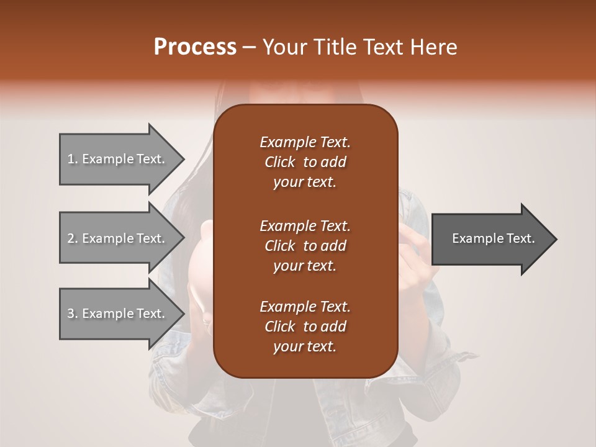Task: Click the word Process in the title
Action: (x=195, y=47)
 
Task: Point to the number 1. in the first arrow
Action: (x=73, y=159)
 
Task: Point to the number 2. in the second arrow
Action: (x=73, y=238)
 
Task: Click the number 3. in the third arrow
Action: (x=73, y=314)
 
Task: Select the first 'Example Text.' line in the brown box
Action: (x=305, y=142)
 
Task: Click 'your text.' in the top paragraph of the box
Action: (x=305, y=183)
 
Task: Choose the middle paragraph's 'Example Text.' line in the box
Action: (x=305, y=225)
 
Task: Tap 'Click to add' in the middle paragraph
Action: (x=305, y=246)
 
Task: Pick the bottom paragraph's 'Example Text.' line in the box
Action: (x=305, y=306)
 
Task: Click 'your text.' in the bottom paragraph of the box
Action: (x=305, y=347)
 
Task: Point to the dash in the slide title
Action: (x=249, y=48)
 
